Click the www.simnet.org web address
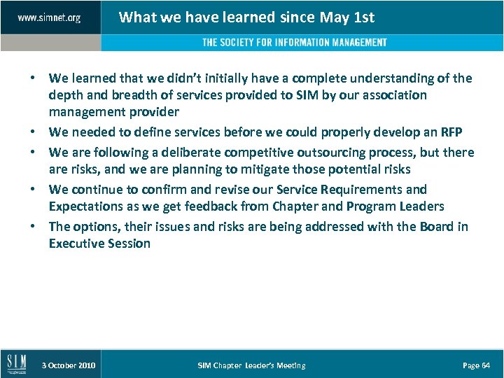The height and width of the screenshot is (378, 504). click(x=49, y=17)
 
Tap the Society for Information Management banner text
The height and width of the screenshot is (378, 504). click(x=294, y=43)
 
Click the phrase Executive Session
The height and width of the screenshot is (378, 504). click(x=99, y=244)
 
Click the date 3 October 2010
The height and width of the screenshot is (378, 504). click(x=69, y=365)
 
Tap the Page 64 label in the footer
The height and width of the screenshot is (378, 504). click(x=477, y=365)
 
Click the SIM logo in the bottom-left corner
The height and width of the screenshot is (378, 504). click(x=16, y=364)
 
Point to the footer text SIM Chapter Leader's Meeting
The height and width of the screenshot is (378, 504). click(x=251, y=365)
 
